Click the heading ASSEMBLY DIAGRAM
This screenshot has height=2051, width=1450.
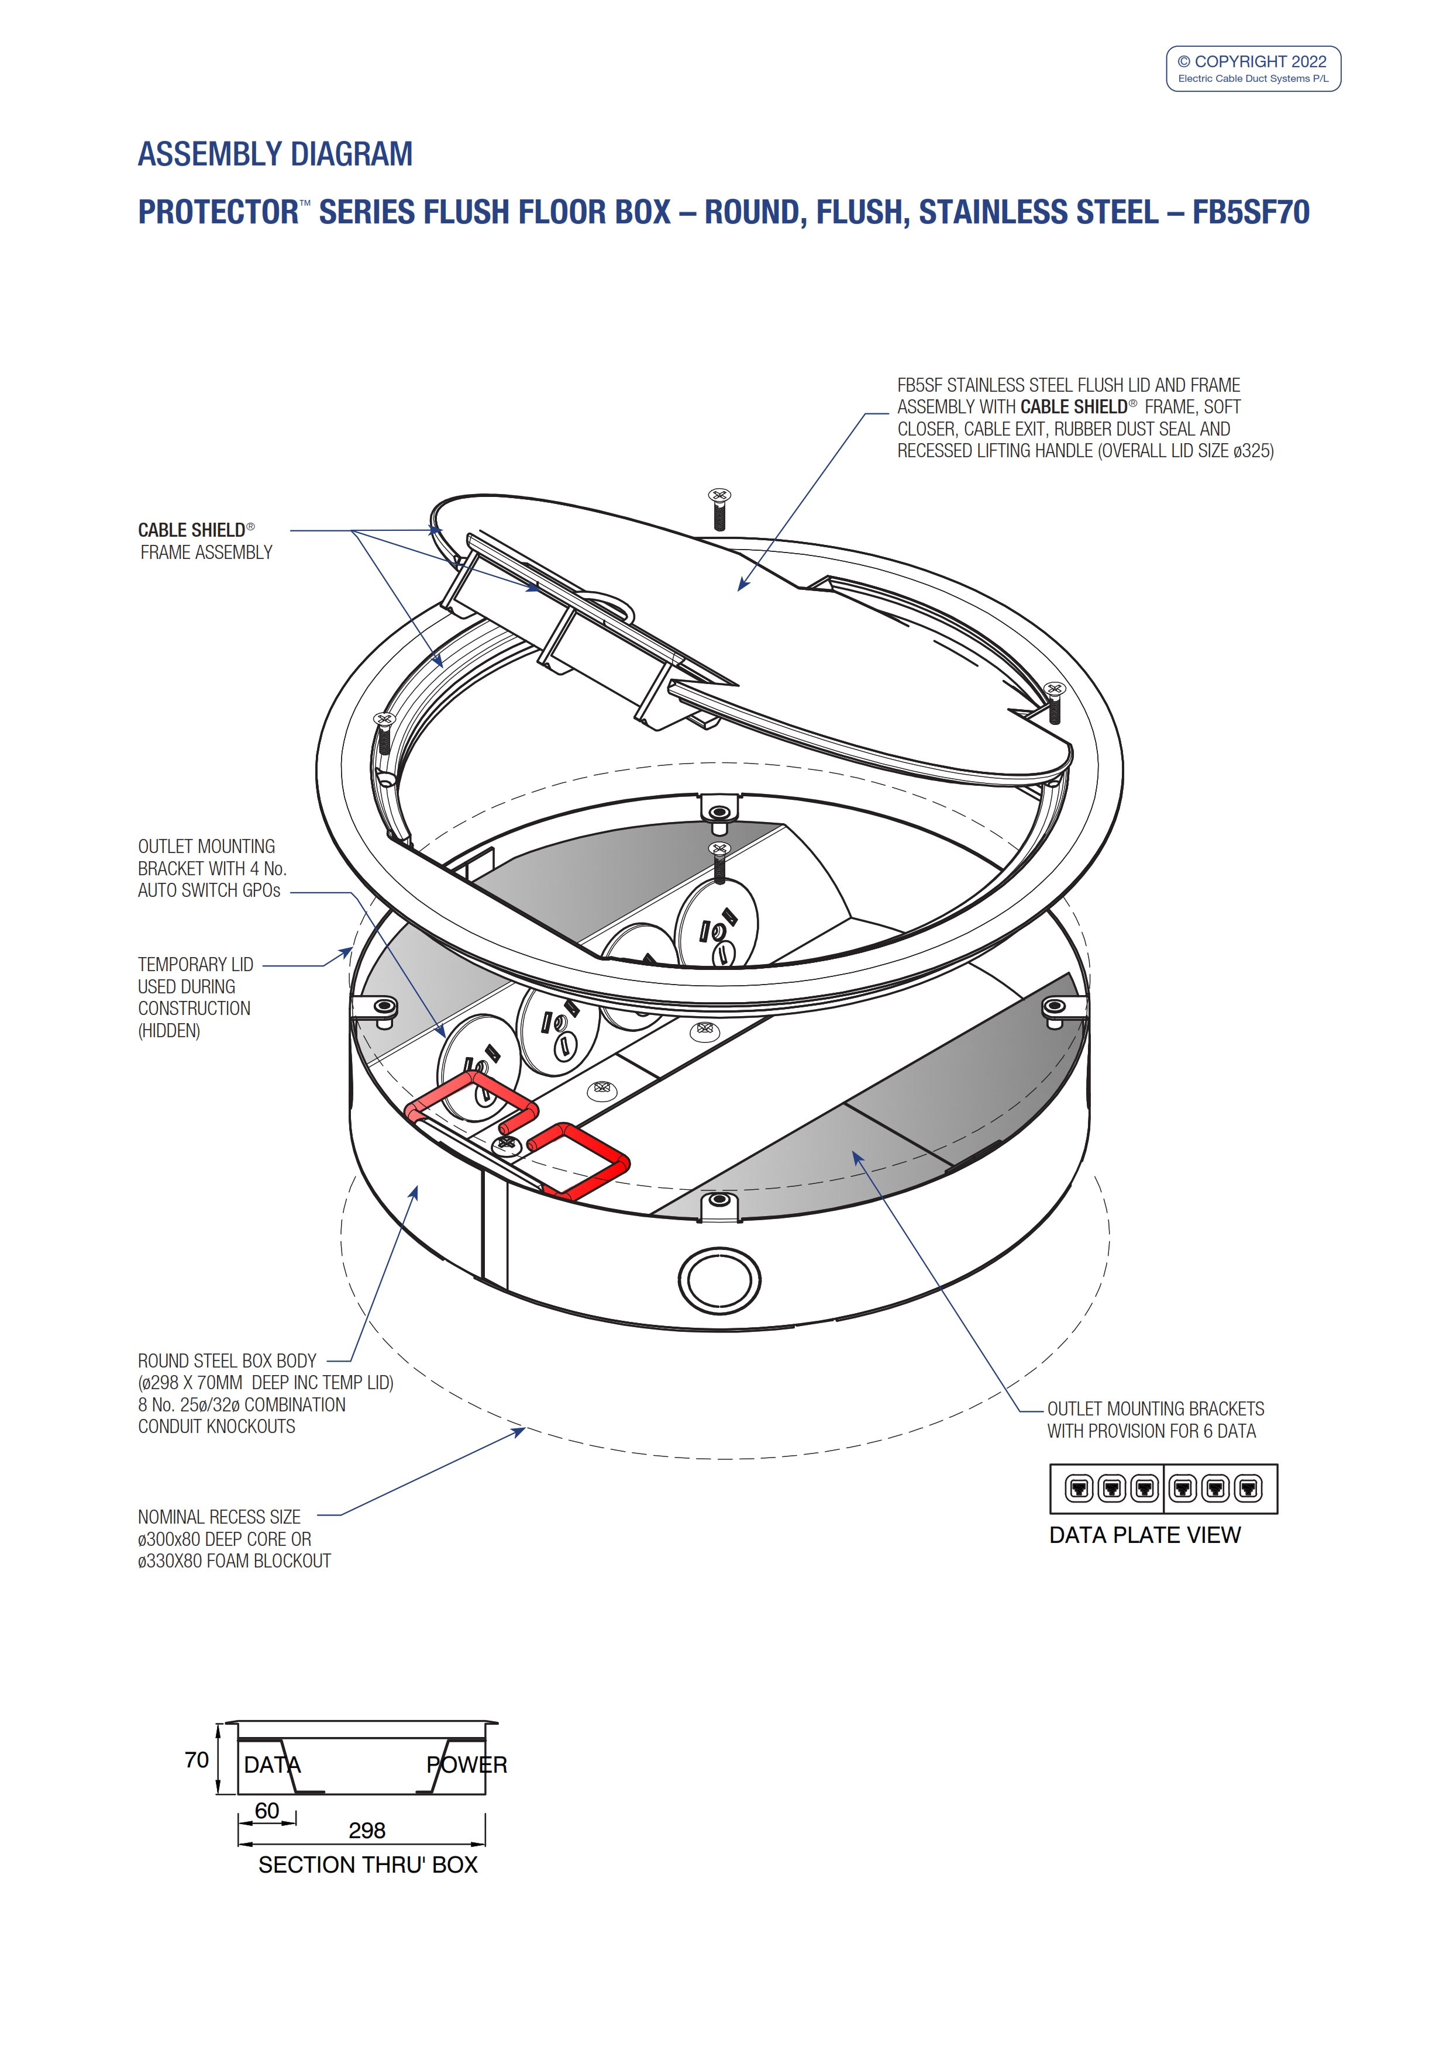coord(275,154)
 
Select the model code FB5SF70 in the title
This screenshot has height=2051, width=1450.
coord(1250,213)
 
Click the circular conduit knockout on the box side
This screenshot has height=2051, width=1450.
coord(719,1279)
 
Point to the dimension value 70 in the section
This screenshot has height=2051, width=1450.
coord(197,1760)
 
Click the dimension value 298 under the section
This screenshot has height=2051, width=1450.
coord(367,1831)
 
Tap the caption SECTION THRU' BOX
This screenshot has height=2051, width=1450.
coord(367,1865)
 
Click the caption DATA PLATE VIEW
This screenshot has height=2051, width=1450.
coord(1145,1535)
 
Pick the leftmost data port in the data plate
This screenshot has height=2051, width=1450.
coord(1079,1488)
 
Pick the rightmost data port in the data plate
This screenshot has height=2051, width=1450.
coord(1248,1488)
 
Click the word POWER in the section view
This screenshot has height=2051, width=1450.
coord(466,1765)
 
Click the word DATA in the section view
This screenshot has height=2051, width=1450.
coord(273,1765)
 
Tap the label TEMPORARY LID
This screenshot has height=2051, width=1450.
coord(196,965)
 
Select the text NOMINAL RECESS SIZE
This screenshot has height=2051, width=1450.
coord(219,1517)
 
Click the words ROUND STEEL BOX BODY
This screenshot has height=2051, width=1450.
coord(227,1361)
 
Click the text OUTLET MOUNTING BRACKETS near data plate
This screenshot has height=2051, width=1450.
coord(1155,1408)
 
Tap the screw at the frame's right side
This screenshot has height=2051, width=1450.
coord(1055,702)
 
